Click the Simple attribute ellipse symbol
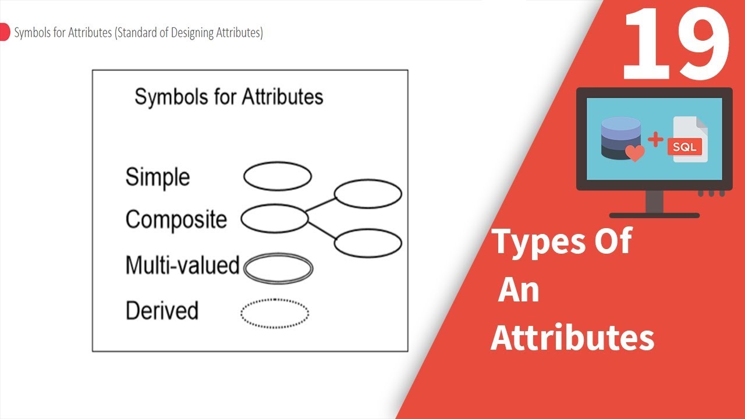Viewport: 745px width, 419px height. tap(278, 162)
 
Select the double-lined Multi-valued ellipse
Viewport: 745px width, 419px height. tap(278, 254)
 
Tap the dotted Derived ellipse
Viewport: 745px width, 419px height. tap(275, 299)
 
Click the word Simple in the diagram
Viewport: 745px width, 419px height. tap(158, 177)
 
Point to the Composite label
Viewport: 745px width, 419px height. tap(176, 219)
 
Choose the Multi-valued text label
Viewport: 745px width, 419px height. tap(183, 265)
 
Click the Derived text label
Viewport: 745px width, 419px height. tap(162, 310)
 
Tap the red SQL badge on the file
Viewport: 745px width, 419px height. tap(684, 147)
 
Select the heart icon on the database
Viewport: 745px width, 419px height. tap(635, 153)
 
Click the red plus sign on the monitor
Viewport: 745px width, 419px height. tap(655, 139)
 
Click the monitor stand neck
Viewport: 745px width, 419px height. tap(655, 202)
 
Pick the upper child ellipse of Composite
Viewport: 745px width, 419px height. tap(368, 180)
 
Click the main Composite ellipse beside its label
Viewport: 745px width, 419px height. tap(275, 205)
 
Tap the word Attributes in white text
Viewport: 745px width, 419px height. tap(572, 338)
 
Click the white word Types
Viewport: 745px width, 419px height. tap(538, 242)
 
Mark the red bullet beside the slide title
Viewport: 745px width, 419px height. tap(4, 32)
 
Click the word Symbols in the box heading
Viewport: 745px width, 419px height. tap(172, 97)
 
